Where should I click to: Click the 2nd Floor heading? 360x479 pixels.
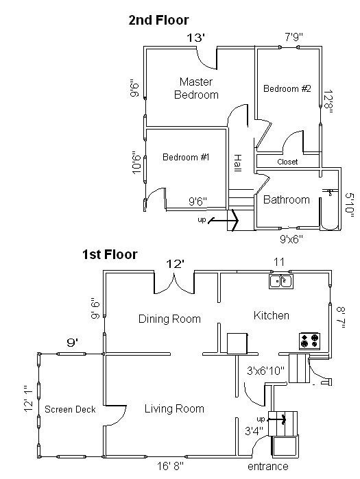[158, 20]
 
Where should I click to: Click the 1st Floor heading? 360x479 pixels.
[110, 254]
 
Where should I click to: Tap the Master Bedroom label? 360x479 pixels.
[196, 88]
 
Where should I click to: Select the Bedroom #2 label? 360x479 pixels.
[287, 88]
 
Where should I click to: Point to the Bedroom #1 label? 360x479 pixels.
[186, 157]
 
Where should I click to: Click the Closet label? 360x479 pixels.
[287, 162]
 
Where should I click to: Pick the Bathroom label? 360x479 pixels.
[287, 199]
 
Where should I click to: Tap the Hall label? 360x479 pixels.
[237, 163]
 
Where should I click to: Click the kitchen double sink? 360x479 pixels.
[281, 282]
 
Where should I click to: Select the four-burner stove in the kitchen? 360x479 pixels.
[309, 341]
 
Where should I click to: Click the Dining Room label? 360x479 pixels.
[169, 319]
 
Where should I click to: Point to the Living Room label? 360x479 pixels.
[174, 408]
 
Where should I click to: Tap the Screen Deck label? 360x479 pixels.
[70, 409]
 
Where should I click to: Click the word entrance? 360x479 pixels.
[267, 467]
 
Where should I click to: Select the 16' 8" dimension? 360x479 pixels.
[170, 466]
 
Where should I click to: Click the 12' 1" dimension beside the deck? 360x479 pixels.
[28, 398]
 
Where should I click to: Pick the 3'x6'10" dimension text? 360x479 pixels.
[265, 371]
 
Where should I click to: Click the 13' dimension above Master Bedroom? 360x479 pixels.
[195, 38]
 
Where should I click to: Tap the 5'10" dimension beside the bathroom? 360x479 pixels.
[349, 205]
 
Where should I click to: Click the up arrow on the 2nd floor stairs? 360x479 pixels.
[223, 220]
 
